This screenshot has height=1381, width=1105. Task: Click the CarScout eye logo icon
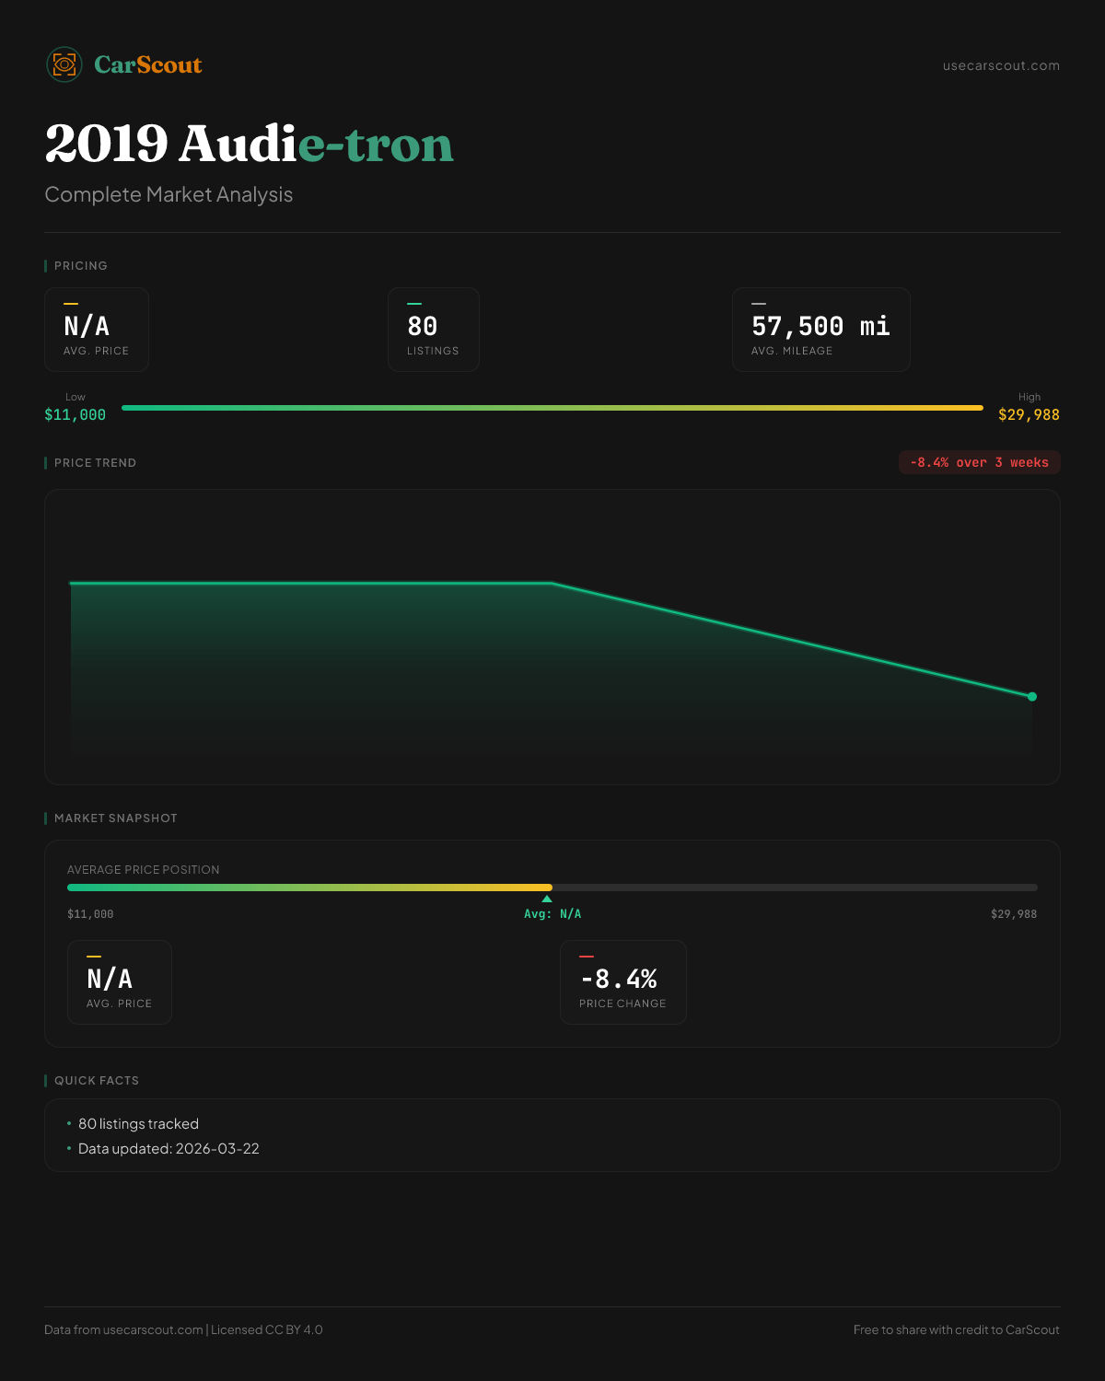pos(64,64)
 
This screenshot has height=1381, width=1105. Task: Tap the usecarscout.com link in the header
pos(1001,65)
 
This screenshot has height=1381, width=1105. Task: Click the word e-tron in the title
pos(377,145)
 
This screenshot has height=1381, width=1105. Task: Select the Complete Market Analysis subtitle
pos(169,194)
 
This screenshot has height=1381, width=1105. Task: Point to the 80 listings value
pos(423,327)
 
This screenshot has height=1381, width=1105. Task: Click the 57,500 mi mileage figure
pos(820,327)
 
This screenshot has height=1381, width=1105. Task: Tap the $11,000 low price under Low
pos(76,415)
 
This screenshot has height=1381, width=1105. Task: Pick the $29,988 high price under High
pos(1029,415)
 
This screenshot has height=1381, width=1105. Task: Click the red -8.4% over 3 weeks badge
pos(979,462)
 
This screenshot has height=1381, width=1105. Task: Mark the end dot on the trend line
pos(1032,697)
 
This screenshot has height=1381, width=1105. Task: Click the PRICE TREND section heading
pos(95,463)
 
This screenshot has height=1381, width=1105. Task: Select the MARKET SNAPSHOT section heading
pos(115,818)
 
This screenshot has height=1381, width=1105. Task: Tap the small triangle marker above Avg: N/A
pos(547,899)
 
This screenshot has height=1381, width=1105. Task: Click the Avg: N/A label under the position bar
pos(552,914)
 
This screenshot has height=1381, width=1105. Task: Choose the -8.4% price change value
pos(619,979)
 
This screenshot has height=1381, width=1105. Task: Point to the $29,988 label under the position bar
pos(1013,914)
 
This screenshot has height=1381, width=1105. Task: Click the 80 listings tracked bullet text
pos(138,1124)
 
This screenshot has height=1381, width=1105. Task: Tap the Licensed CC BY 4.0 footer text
pos(267,1329)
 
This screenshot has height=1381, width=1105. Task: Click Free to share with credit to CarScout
pos(956,1329)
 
